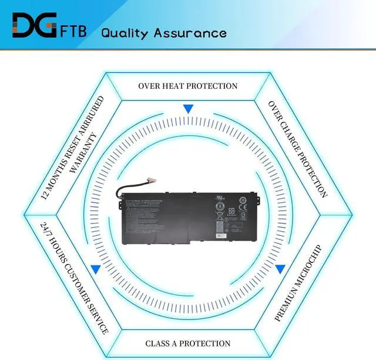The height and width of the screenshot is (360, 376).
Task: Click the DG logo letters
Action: tap(32, 26)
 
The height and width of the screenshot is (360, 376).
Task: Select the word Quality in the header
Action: tap(125, 32)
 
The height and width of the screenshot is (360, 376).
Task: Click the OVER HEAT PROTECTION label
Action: tap(188, 86)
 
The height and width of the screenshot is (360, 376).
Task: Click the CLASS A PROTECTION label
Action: tap(188, 344)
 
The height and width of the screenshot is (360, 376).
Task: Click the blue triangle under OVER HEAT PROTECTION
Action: tap(188, 109)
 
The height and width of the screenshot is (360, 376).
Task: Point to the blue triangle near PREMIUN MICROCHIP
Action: tap(280, 269)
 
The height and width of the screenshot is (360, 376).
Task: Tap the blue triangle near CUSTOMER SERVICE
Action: tap(95, 269)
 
